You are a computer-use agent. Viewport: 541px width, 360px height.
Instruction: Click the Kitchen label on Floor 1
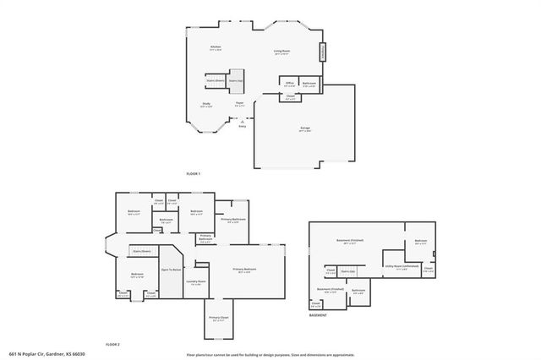click(216, 48)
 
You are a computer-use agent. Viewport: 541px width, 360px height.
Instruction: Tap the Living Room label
click(281, 52)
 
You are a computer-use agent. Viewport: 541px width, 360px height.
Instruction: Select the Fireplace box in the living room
click(321, 53)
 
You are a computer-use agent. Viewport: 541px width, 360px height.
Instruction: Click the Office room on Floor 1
click(290, 84)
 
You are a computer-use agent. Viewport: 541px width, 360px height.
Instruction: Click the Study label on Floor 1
click(206, 106)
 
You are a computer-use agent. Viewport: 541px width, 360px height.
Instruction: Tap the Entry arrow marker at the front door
click(242, 121)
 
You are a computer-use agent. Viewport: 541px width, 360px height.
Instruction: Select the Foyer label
click(240, 104)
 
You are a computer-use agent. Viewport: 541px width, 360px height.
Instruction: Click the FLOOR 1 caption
click(194, 173)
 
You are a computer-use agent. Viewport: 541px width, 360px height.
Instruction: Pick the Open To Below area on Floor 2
click(172, 270)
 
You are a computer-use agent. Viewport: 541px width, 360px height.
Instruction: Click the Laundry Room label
click(198, 282)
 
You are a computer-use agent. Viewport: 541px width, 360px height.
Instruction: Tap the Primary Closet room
click(218, 319)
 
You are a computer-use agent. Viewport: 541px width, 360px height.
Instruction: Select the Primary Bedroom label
click(246, 270)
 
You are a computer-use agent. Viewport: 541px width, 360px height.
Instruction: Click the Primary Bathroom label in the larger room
click(232, 221)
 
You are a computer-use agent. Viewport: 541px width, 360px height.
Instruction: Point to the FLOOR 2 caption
click(113, 345)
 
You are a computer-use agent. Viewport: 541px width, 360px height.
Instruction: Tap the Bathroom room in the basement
click(358, 292)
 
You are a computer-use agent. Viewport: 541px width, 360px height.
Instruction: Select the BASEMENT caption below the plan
click(318, 315)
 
